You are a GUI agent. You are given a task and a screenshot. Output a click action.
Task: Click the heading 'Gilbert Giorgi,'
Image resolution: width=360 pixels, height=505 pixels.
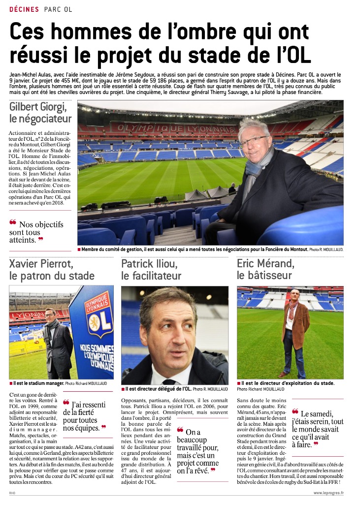[x=37, y=107]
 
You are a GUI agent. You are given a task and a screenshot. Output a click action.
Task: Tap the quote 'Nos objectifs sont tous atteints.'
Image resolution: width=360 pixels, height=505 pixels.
[x=36, y=232]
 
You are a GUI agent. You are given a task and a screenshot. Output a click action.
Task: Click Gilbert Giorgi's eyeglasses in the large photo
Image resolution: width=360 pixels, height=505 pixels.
[x=254, y=141]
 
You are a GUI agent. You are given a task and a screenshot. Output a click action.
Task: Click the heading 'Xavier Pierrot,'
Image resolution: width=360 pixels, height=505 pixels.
[x=41, y=263]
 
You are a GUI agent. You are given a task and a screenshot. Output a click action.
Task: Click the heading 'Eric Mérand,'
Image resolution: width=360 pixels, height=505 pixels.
[x=265, y=263]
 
